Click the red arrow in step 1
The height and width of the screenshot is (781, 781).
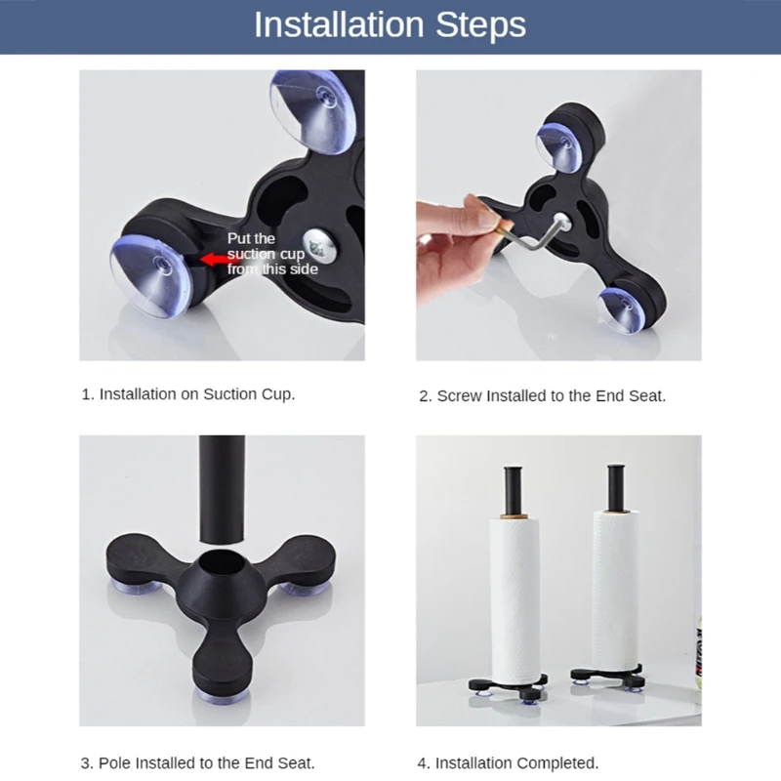[211, 260]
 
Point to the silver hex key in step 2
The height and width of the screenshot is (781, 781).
[533, 237]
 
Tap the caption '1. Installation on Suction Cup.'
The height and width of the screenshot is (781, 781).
[187, 394]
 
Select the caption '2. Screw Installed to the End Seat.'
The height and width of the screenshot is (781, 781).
[542, 396]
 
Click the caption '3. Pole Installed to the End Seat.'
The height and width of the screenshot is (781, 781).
[197, 763]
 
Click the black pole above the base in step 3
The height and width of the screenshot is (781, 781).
[222, 488]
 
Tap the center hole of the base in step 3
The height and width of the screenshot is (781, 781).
[223, 571]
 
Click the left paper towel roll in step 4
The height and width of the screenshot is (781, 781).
[514, 596]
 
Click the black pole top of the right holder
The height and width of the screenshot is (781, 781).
[617, 483]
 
